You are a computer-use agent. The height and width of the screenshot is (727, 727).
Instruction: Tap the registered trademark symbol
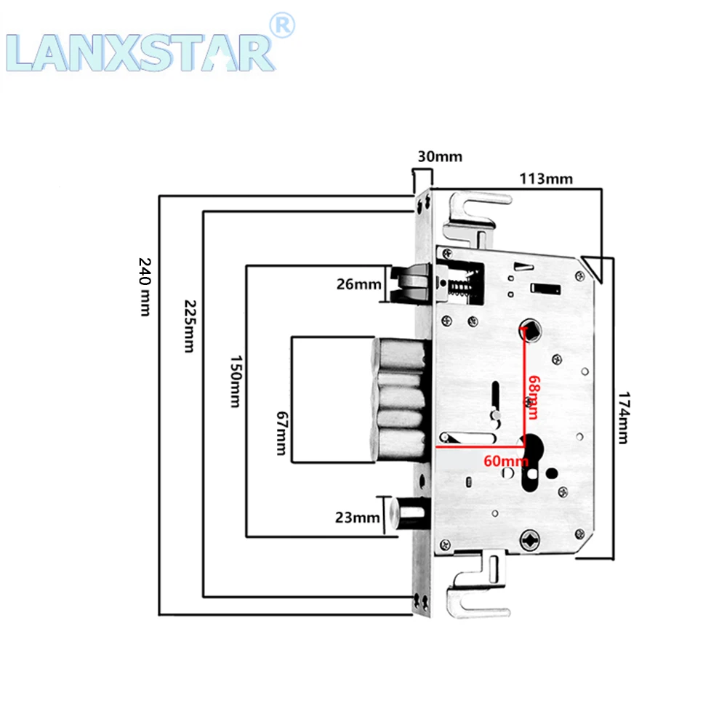click(282, 25)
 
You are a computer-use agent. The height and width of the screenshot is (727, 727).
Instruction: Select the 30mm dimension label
click(440, 157)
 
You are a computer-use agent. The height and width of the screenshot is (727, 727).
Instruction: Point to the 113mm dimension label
click(546, 179)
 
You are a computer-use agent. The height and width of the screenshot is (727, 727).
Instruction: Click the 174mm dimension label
click(624, 418)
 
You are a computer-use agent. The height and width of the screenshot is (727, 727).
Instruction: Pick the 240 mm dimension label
click(145, 287)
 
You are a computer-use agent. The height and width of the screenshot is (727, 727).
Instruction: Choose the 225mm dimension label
click(190, 326)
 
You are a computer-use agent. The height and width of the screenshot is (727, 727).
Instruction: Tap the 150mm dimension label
click(236, 382)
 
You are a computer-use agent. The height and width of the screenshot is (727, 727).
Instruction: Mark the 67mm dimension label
click(281, 433)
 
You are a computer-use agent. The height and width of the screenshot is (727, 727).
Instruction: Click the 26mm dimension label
click(359, 284)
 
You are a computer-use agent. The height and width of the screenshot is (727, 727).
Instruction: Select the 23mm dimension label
click(358, 517)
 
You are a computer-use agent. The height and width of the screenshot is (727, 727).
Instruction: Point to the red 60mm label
click(506, 461)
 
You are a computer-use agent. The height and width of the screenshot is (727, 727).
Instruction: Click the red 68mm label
click(533, 398)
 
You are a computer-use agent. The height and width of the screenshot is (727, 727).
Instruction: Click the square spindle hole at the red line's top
click(529, 331)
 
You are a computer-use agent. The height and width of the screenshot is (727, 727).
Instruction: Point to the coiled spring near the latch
click(460, 286)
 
